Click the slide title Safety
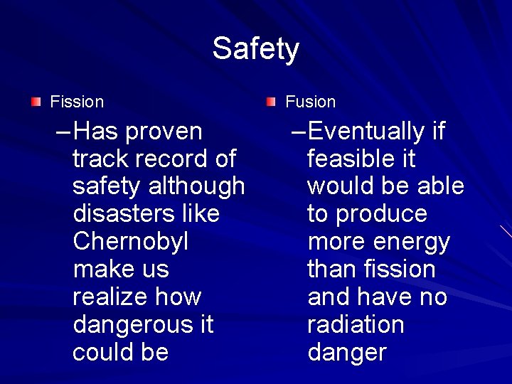[255, 49]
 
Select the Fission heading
[77, 102]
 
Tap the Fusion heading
[310, 102]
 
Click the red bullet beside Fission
[36, 102]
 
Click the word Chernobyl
[130, 242]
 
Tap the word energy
[412, 242]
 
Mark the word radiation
[356, 325]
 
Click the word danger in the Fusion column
[347, 353]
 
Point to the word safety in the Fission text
[107, 186]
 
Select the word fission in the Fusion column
[400, 270]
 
